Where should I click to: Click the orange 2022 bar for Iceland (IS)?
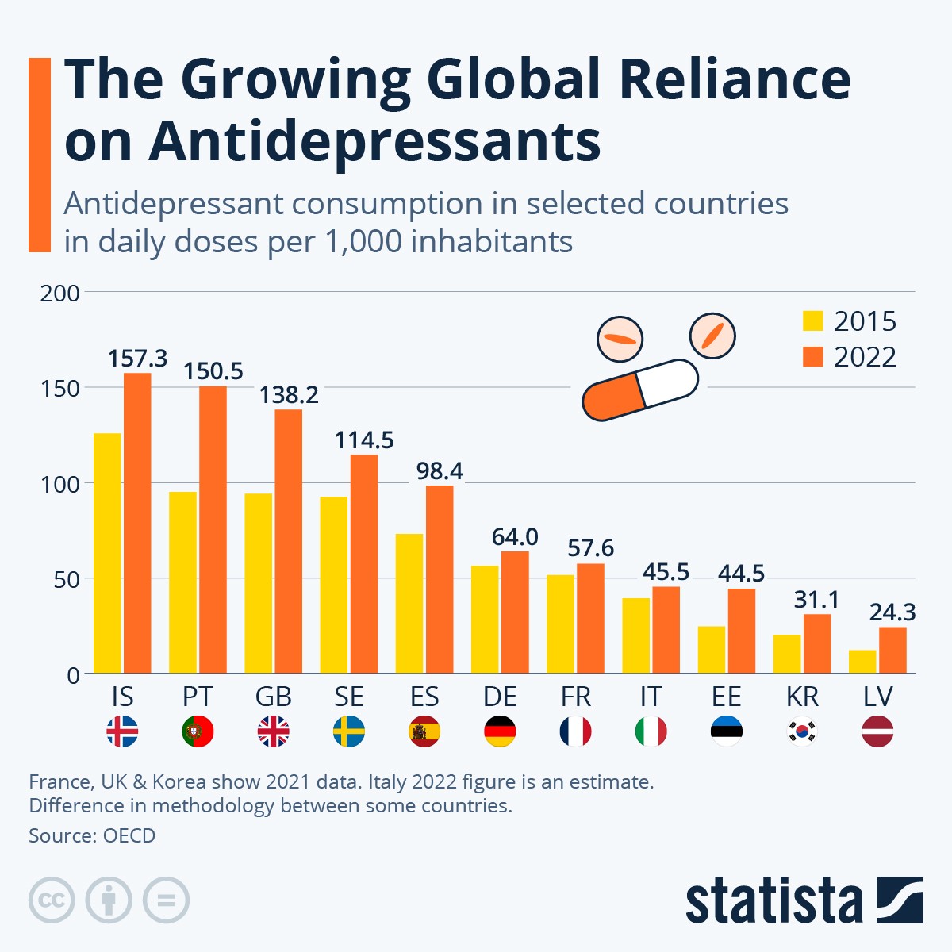tap(137, 524)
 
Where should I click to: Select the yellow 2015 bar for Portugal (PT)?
tap(182, 583)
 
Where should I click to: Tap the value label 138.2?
tap(289, 394)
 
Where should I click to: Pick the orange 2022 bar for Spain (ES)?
tap(440, 579)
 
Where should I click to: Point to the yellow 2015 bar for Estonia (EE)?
tap(712, 650)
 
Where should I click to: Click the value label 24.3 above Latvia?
tap(892, 612)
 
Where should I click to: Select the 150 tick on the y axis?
tap(60, 389)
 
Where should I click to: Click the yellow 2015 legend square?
tap(813, 321)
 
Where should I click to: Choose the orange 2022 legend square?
tap(813, 357)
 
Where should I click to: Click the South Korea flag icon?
tap(802, 731)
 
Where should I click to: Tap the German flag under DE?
tap(500, 731)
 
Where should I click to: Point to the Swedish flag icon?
tap(349, 731)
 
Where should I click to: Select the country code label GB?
tap(274, 697)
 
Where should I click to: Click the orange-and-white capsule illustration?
tap(639, 390)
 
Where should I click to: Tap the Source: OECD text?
tap(92, 835)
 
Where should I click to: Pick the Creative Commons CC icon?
tap(52, 900)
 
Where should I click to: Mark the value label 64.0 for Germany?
tap(515, 537)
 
